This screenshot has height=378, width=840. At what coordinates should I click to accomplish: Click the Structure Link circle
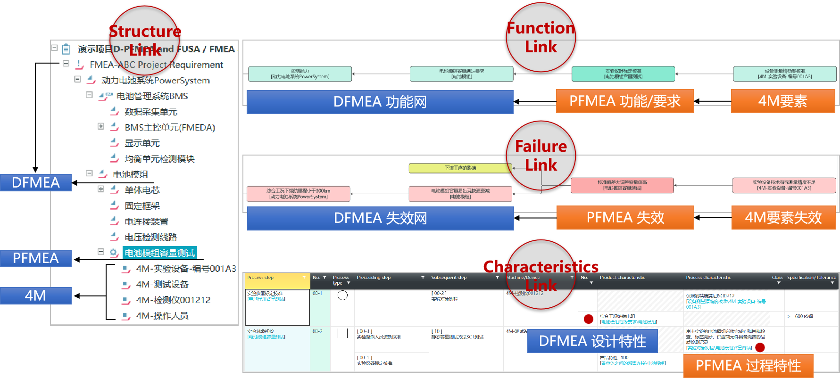coord(144,41)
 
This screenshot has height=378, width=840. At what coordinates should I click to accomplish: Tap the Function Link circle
coord(541,37)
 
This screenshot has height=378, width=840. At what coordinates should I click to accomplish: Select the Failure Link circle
coord(541,156)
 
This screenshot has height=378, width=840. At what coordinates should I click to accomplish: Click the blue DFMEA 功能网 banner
coord(380,102)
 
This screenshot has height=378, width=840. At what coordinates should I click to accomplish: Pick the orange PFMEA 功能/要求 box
coord(624,101)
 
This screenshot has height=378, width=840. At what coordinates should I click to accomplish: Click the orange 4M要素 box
coord(782,101)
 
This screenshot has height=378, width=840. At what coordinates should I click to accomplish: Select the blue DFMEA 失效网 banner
coord(380,218)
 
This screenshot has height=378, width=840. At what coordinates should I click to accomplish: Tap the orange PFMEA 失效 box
coord(625,217)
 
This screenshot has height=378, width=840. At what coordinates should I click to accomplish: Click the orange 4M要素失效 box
coord(783,217)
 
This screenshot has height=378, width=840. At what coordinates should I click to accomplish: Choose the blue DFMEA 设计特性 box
coord(592,341)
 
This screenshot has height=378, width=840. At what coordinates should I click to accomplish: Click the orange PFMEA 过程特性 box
coord(748,365)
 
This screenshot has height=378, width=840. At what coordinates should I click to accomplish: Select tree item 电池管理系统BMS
coord(152,96)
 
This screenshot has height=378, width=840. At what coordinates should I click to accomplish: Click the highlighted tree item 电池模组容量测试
coord(159,253)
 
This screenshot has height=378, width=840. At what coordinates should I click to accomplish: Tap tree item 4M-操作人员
coord(162,316)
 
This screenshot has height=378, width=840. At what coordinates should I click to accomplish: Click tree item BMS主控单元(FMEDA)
coord(169,127)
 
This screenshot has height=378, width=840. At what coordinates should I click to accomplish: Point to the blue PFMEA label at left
coord(36,258)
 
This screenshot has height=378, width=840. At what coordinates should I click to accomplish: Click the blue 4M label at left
coord(36,296)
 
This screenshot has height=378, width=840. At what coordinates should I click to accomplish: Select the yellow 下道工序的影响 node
coord(460,168)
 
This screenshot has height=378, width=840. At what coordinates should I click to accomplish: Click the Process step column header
coord(275,278)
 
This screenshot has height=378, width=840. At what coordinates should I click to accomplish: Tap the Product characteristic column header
coord(622,278)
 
